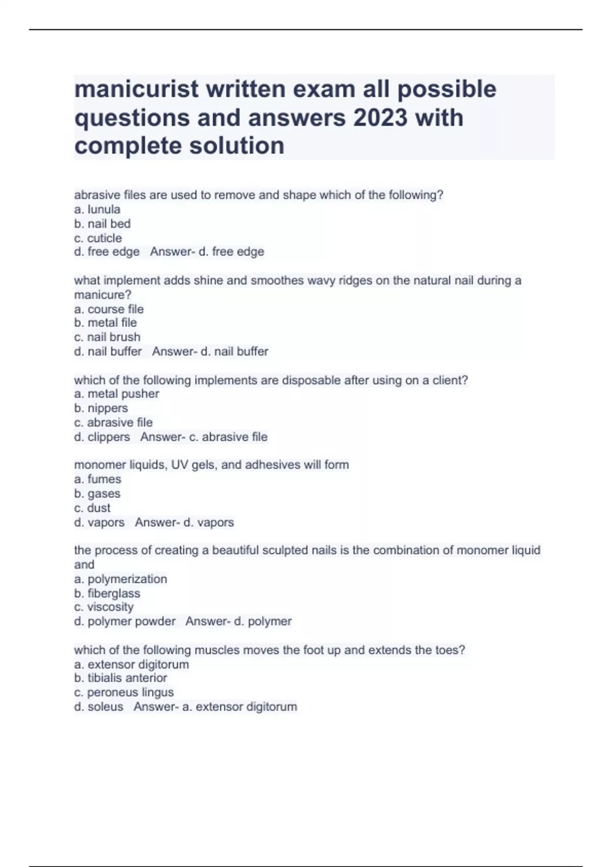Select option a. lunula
97,210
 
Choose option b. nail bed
103,224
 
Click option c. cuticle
98,238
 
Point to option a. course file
109,309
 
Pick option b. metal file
106,323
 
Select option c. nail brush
107,337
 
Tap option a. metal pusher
117,394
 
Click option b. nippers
101,408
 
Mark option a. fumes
98,479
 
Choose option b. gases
97,494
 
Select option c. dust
92,508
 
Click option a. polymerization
121,579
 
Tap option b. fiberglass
107,593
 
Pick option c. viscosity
104,607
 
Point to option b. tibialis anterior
121,678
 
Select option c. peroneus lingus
124,692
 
